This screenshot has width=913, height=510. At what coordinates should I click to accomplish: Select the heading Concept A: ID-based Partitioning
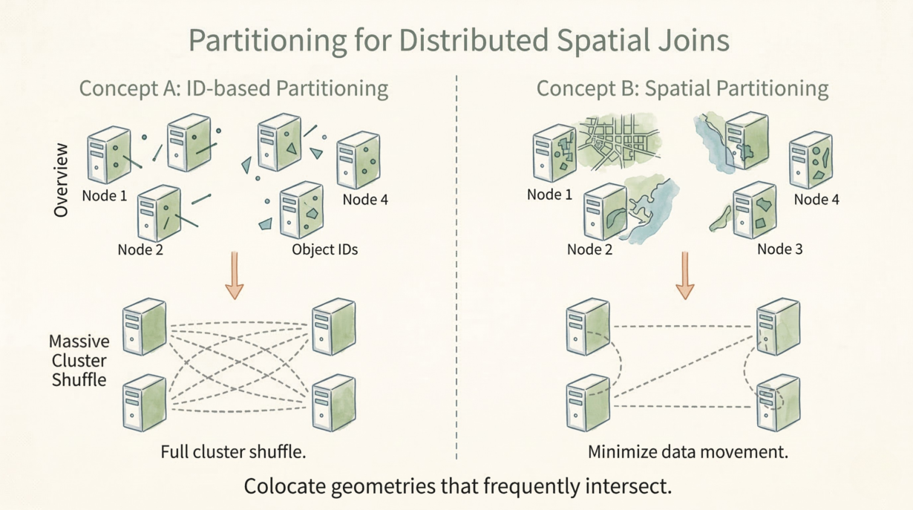(233, 88)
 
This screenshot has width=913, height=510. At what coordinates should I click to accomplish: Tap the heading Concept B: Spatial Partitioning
(682, 88)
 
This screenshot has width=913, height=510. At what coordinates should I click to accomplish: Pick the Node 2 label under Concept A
(140, 249)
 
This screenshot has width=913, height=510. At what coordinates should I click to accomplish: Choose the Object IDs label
(324, 249)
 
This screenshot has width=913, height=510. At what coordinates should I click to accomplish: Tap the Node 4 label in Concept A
(364, 199)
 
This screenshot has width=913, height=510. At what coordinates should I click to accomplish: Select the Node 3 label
(779, 249)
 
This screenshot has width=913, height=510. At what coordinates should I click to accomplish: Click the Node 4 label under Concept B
(816, 199)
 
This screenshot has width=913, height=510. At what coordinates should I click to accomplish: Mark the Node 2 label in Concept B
(589, 249)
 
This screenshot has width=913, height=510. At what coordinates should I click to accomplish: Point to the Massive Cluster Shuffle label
(78, 361)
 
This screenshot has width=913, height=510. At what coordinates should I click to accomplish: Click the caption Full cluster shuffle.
(232, 451)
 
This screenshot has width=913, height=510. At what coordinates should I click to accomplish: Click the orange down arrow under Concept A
(234, 275)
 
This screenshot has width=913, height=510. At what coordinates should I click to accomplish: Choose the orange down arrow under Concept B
(684, 275)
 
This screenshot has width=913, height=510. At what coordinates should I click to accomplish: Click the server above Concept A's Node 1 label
(108, 154)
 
